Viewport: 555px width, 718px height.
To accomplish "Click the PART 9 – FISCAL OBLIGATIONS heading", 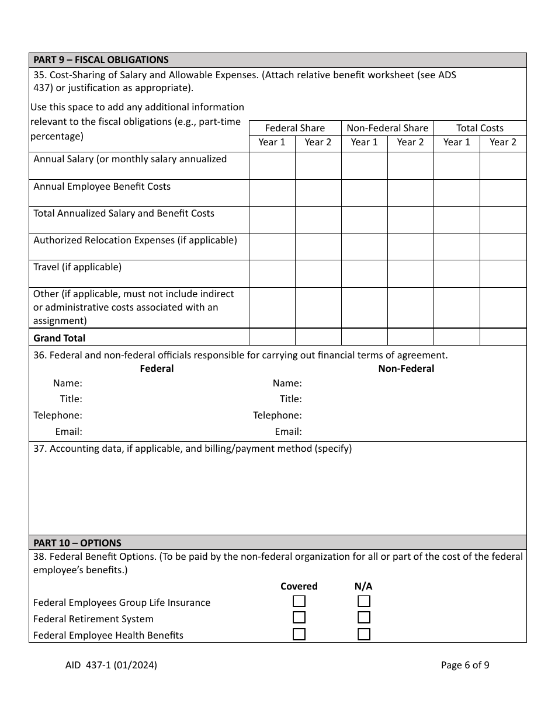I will tap(101, 60).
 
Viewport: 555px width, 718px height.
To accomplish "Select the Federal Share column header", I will tap(294, 128).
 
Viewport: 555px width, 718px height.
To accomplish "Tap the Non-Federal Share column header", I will tap(387, 128).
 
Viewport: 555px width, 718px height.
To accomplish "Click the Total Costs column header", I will tap(480, 128).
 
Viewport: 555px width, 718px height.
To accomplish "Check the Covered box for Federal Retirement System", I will tap(299, 618).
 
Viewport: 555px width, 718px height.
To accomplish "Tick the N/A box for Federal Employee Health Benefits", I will tap(364, 634).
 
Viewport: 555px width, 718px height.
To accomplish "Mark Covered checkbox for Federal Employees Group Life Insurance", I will tap(299, 601).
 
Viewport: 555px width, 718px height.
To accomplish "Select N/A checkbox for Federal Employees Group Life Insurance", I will tap(364, 601).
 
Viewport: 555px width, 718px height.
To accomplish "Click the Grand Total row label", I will tap(59, 338).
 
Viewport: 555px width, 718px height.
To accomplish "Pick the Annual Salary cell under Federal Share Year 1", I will tap(272, 166).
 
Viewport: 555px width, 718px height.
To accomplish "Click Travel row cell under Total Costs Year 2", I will tap(502, 274).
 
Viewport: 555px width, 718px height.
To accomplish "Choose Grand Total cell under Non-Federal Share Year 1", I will tap(365, 337).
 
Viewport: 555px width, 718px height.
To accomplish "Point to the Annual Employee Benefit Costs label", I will tap(102, 186).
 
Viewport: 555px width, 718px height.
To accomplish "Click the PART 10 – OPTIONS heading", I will tap(77, 542).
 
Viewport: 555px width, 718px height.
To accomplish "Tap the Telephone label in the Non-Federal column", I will tap(277, 415).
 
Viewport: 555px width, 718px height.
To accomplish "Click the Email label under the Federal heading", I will tap(68, 431).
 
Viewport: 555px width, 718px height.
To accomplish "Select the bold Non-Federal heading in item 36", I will tap(406, 368).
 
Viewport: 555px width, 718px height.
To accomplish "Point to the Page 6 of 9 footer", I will tap(465, 664).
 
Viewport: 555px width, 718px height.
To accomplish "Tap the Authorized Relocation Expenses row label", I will tap(135, 240).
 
